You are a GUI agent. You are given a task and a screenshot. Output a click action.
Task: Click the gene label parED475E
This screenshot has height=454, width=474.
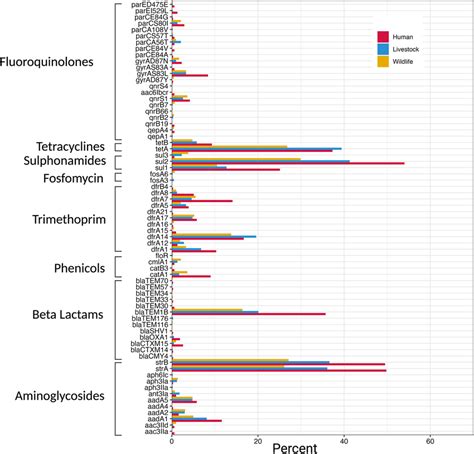point(147,5)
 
